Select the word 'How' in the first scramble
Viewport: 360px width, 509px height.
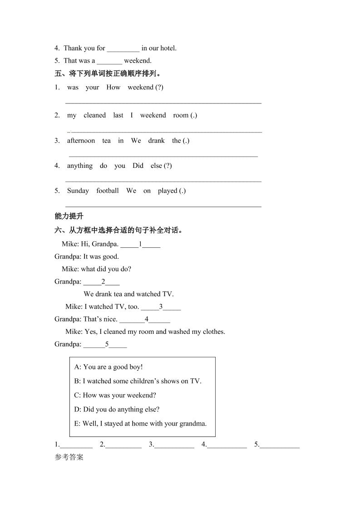coord(113,87)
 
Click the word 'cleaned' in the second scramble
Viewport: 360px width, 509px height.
coord(94,115)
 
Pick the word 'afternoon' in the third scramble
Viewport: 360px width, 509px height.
coord(81,141)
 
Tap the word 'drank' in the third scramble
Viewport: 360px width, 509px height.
coord(156,141)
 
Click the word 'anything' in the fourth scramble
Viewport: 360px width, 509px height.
coord(79,166)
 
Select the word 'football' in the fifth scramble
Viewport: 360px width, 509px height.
coord(107,191)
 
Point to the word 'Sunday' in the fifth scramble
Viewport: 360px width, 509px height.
coord(78,191)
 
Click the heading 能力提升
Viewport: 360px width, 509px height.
coord(69,216)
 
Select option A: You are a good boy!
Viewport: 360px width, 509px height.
coord(108,367)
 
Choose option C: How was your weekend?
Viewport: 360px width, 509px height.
coord(115,395)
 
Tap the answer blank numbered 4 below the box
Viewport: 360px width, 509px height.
coord(227,445)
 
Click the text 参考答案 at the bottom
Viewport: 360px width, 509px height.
coord(69,457)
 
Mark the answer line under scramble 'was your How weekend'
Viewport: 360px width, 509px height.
coord(163,103)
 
